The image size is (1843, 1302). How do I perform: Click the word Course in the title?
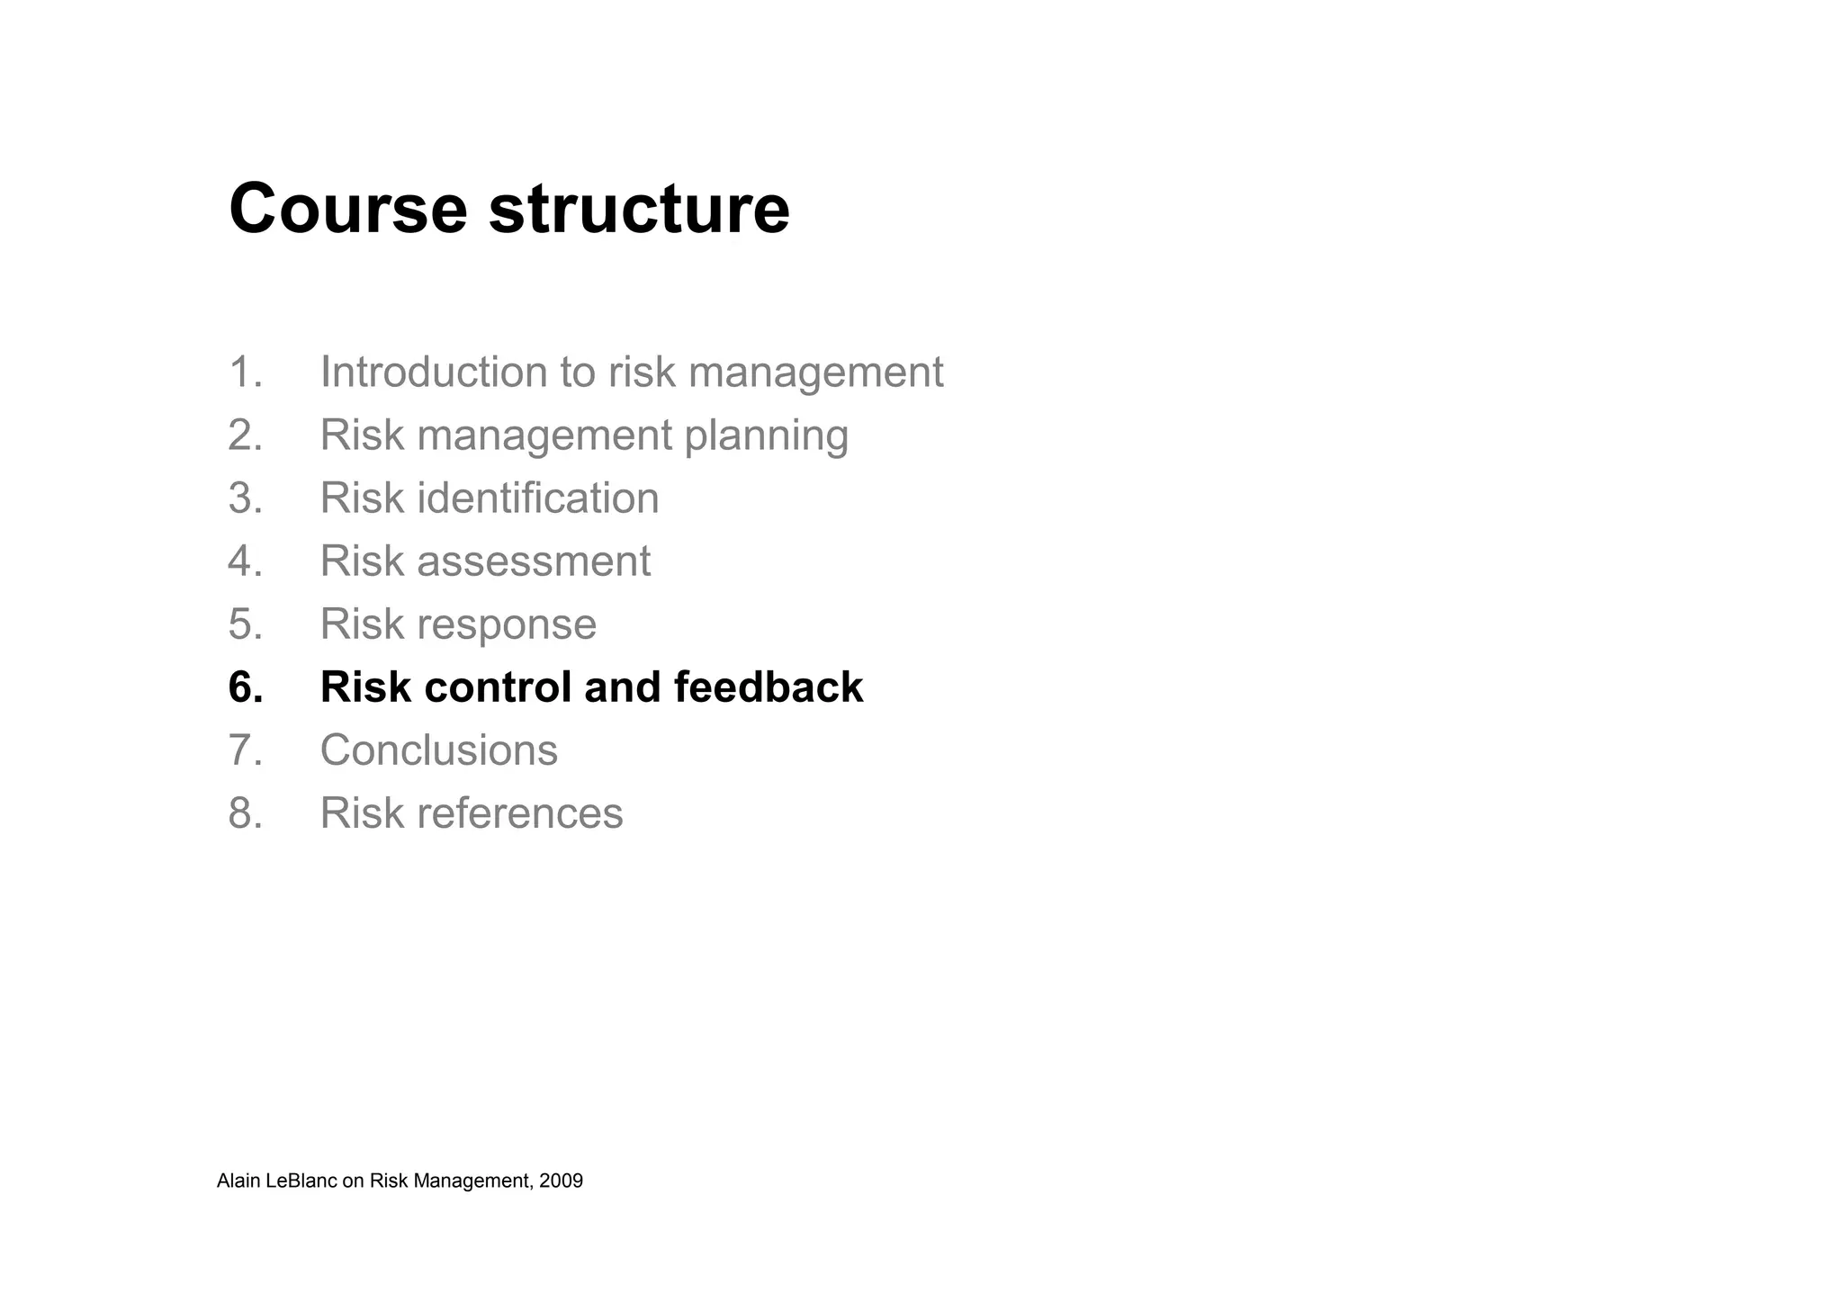coord(347,209)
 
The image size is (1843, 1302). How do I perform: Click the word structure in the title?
coord(639,209)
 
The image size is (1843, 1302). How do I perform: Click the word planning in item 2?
coord(766,436)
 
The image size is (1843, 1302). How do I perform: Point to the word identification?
coord(537,498)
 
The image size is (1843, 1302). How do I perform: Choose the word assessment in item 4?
coord(533,561)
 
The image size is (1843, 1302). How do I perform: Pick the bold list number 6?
coord(246,687)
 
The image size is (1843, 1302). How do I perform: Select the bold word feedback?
coord(768,687)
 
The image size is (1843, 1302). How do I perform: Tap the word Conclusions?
coord(438,750)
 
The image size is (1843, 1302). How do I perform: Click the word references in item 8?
coord(519,813)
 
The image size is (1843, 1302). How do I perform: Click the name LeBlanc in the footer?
coord(301,1181)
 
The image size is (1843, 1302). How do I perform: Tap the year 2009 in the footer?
coord(562,1181)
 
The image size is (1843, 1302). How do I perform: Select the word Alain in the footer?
coord(238,1181)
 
